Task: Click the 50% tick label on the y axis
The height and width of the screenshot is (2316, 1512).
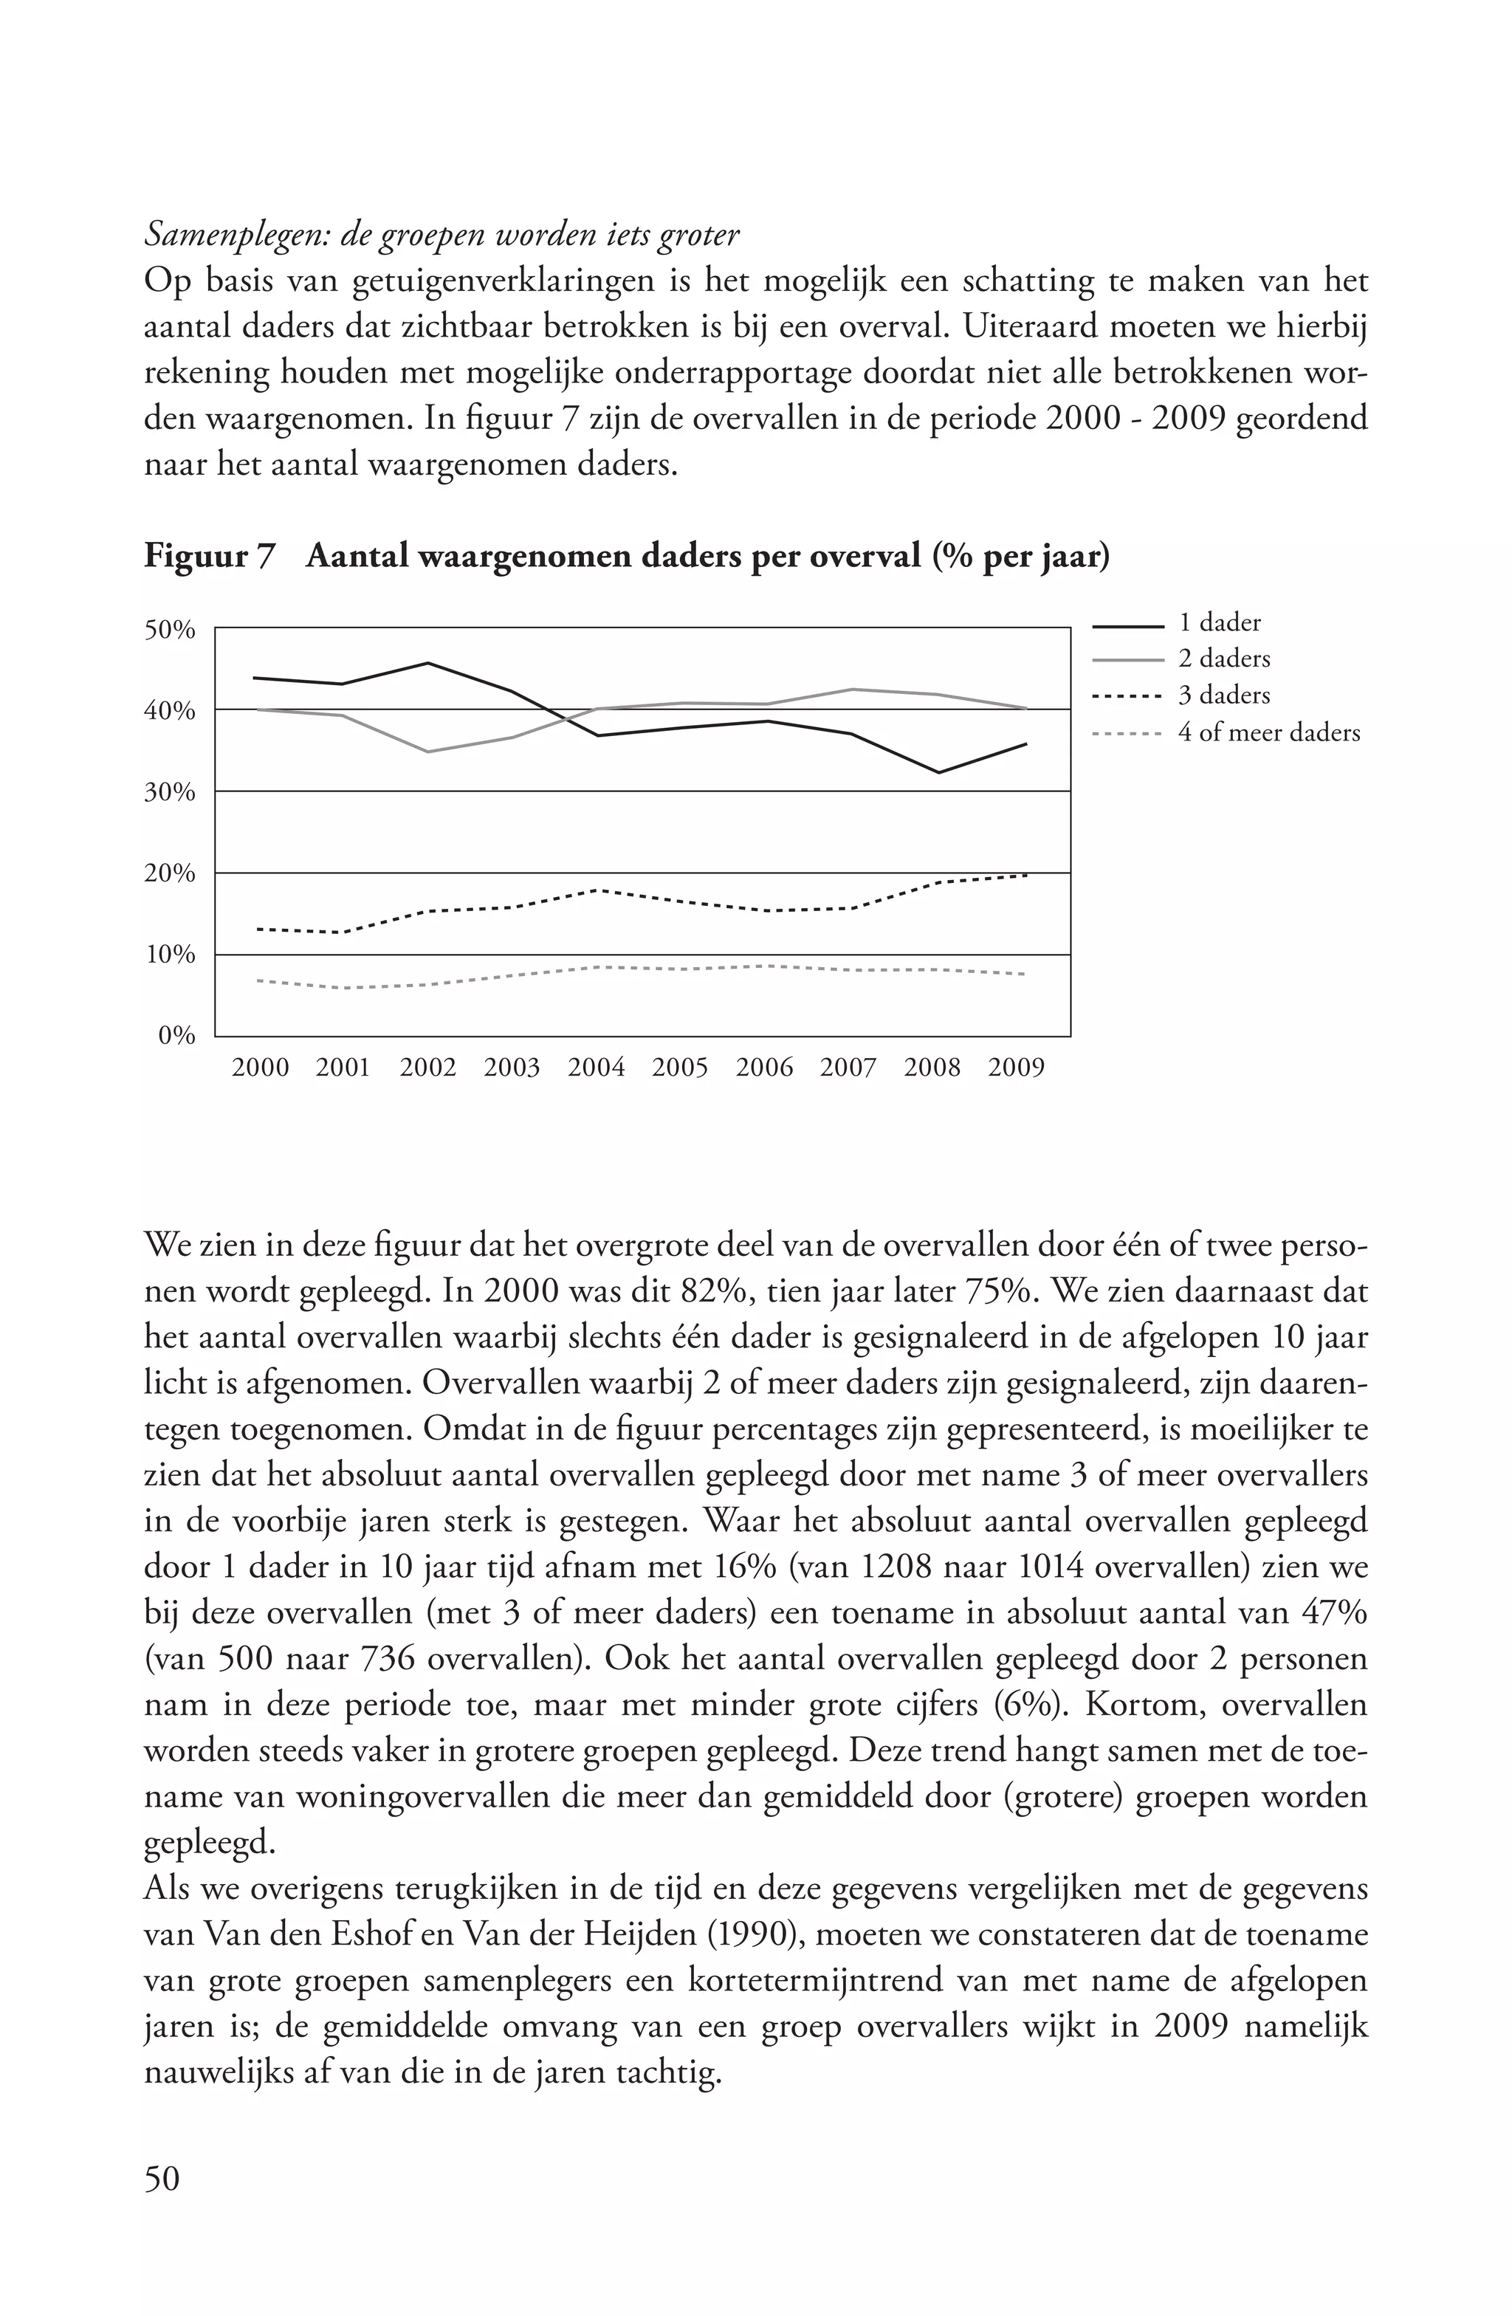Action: [x=171, y=630]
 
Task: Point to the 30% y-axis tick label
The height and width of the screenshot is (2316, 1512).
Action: [x=171, y=792]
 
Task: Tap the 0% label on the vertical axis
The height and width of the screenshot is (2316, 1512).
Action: [x=177, y=1035]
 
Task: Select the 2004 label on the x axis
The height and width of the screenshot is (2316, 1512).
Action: [x=597, y=1068]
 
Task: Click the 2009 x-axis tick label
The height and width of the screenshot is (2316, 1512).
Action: [x=1017, y=1068]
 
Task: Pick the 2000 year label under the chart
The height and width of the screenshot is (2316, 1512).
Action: [x=261, y=1068]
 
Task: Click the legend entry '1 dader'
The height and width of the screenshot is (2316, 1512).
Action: [x=1219, y=623]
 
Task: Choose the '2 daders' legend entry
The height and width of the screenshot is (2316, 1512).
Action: [x=1224, y=659]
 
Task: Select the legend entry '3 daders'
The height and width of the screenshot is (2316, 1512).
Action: [x=1224, y=695]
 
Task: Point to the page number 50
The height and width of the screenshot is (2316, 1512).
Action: [x=162, y=2179]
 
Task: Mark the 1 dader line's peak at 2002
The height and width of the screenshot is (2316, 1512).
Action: [x=428, y=664]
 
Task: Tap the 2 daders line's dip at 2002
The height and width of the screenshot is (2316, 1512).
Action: [x=428, y=752]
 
